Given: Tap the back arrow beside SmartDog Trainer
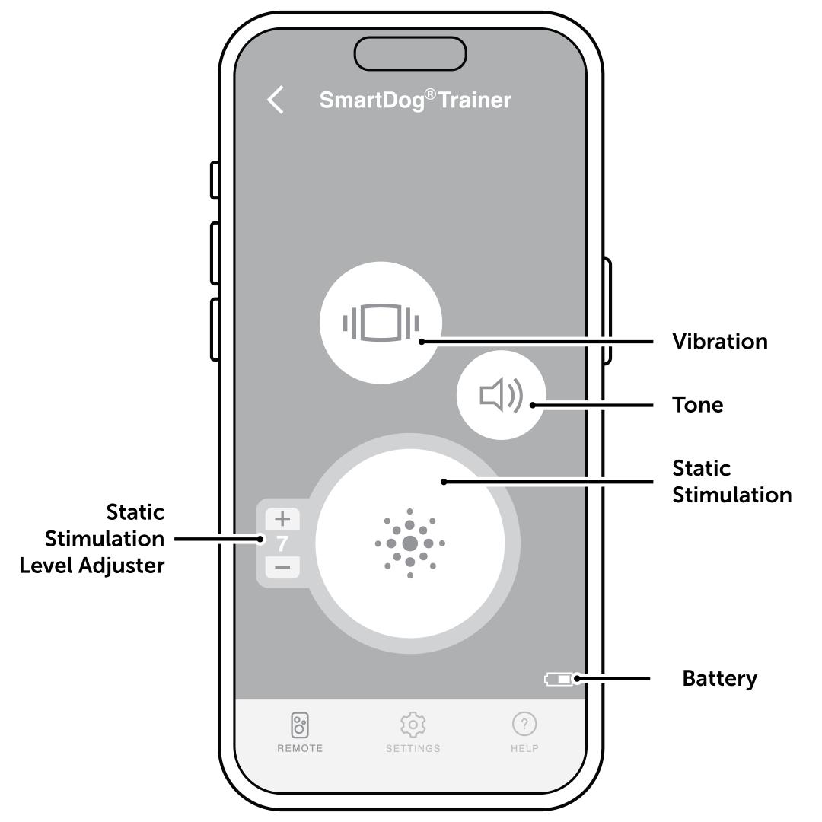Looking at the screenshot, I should tap(276, 100).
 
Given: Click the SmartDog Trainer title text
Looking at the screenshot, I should tap(415, 100).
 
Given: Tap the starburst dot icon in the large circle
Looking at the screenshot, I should tap(410, 543).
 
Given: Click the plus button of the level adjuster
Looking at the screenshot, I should tap(282, 519).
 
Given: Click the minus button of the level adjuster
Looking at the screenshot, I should tap(282, 567).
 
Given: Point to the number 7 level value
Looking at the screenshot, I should tap(282, 543).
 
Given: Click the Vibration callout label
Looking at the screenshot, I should tap(720, 342).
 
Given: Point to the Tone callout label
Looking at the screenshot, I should tap(698, 405).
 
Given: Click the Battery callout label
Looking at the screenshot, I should tap(720, 678).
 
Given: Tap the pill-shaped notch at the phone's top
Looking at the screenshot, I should tap(411, 53).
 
